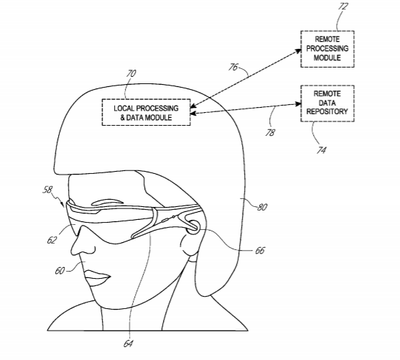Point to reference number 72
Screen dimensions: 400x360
tap(343, 6)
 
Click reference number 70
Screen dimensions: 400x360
tap(131, 73)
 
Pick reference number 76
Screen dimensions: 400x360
tap(233, 67)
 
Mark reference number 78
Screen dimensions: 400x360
tap(271, 133)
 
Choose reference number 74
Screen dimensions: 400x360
tap(322, 150)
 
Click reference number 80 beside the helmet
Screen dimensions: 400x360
tap(262, 207)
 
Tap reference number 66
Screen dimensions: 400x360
tap(260, 251)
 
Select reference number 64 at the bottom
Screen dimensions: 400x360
tap(129, 343)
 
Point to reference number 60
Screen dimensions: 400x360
tap(60, 271)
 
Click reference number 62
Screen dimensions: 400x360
tap(52, 240)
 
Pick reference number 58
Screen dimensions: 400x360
tap(47, 190)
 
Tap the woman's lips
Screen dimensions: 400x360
tap(97, 278)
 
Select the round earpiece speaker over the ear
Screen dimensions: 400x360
tap(193, 227)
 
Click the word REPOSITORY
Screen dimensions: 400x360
tap(327, 112)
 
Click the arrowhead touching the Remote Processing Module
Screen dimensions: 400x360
tap(298, 51)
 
